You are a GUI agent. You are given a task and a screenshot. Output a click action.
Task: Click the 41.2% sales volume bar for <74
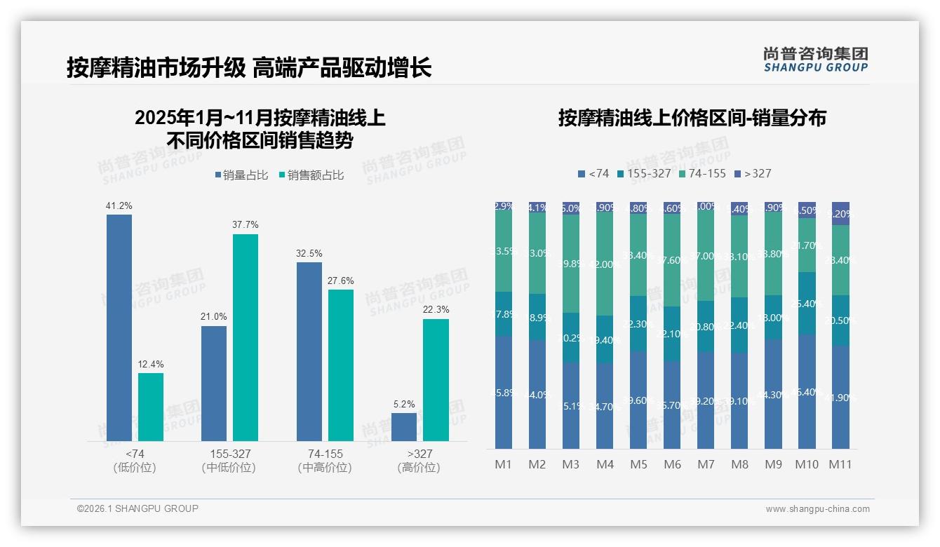click(x=119, y=327)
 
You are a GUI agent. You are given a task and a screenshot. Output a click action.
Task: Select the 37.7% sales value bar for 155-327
click(x=246, y=337)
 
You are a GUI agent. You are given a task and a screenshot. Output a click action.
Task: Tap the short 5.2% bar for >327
click(x=404, y=426)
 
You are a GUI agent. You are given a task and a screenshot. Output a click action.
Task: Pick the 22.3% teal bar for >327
click(x=436, y=380)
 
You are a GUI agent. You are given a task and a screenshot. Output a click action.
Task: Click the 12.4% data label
click(x=151, y=364)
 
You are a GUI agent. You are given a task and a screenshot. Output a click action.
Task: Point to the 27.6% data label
click(x=341, y=281)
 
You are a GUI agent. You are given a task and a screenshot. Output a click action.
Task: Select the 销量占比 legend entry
click(x=241, y=175)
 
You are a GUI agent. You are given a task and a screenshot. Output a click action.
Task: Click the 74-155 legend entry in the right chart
click(x=702, y=173)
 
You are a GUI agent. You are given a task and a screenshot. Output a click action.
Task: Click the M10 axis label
click(x=807, y=464)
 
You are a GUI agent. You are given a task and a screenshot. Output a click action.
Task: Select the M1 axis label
click(x=504, y=464)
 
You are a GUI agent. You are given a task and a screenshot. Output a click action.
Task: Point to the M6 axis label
click(x=672, y=464)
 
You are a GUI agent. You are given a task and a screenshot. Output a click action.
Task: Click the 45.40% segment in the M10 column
click(x=807, y=391)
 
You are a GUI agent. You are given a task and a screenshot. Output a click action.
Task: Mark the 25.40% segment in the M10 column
click(x=807, y=304)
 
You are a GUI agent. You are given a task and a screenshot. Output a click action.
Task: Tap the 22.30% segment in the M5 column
click(x=638, y=323)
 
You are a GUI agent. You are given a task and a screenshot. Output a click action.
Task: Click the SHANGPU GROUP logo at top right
click(x=815, y=60)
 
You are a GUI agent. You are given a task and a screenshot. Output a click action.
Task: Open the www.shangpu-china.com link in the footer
click(x=817, y=509)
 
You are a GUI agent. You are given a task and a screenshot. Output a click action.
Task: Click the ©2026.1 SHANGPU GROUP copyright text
click(x=137, y=508)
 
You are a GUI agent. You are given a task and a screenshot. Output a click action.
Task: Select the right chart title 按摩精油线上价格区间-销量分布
click(x=692, y=118)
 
